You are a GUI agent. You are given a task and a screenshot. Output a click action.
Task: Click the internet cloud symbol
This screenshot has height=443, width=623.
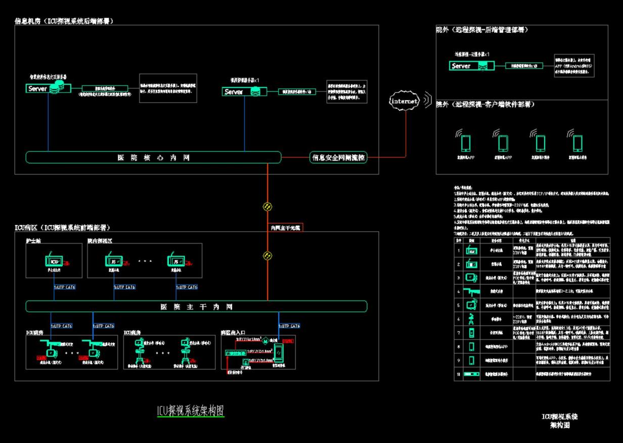pyautogui.click(x=405, y=101)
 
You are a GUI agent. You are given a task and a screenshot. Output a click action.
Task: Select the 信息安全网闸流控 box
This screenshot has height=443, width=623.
pyautogui.click(x=338, y=157)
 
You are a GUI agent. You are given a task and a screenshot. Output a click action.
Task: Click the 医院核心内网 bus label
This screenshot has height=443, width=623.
pyautogui.click(x=153, y=157)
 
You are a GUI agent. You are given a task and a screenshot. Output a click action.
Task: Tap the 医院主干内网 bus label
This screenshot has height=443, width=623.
pyautogui.click(x=196, y=306)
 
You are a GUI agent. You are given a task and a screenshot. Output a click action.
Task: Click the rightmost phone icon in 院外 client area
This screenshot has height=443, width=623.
pyautogui.click(x=577, y=143)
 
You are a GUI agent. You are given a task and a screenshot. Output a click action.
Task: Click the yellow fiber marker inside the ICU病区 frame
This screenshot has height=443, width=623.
pyautogui.click(x=268, y=256)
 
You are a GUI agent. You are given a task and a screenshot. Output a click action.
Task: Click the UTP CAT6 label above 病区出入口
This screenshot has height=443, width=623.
pyautogui.click(x=289, y=326)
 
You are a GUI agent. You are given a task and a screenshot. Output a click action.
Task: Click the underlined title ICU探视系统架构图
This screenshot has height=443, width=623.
pyautogui.click(x=190, y=411)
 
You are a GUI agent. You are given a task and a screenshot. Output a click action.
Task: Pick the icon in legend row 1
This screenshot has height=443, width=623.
pyautogui.click(x=471, y=250)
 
